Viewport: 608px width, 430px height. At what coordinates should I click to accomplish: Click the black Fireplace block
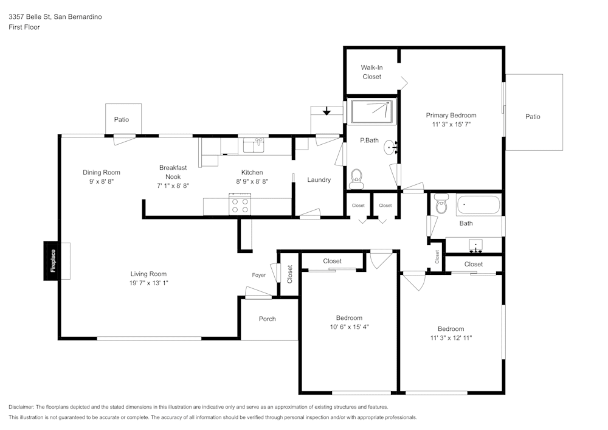53,262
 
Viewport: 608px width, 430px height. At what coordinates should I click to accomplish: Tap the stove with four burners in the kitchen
240,204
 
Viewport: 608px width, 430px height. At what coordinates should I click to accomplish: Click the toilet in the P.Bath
357,178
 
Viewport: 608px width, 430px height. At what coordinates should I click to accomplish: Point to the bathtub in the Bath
478,206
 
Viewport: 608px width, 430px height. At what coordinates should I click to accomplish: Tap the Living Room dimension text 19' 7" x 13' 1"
148,283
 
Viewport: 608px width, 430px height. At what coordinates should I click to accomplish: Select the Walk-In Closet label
371,72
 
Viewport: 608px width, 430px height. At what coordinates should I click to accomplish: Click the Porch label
267,319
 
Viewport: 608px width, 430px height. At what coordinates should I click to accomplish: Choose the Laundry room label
319,179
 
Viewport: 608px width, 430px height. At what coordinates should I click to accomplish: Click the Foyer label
259,275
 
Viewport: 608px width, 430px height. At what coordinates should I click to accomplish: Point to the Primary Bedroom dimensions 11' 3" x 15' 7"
451,124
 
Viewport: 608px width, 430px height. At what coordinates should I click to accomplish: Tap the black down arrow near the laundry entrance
326,111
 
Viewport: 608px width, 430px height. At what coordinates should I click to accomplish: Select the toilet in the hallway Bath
441,205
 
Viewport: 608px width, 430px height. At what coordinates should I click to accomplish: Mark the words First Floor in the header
24,27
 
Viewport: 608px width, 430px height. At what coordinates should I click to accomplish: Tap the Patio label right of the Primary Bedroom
533,117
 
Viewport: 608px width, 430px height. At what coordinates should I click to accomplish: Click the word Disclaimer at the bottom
22,407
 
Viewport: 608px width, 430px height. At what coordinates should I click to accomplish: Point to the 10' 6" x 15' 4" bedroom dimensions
349,327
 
